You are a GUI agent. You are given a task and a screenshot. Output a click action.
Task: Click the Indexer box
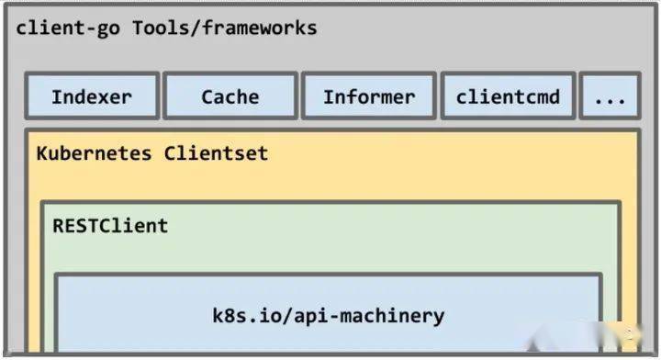tap(92, 96)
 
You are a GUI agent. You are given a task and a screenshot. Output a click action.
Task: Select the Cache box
tap(230, 96)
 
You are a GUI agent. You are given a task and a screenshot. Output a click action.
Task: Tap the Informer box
tap(368, 96)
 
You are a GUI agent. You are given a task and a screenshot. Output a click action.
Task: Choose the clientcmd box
tap(508, 96)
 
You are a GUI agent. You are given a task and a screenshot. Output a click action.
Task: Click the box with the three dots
tap(609, 97)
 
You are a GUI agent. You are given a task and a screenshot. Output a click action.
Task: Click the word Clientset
tap(217, 152)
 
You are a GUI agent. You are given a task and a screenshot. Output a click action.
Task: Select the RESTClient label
tap(110, 225)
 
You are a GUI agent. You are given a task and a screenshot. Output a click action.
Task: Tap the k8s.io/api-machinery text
tap(329, 316)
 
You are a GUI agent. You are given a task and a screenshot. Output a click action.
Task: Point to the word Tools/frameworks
tap(225, 28)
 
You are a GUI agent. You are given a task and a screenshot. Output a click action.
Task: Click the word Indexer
tap(92, 96)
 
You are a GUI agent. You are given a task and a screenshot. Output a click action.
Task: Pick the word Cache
tap(230, 96)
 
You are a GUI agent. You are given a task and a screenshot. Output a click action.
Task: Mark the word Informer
tap(368, 96)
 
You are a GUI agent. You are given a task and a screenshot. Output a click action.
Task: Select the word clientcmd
tap(508, 96)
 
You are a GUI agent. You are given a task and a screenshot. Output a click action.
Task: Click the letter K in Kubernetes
tap(42, 152)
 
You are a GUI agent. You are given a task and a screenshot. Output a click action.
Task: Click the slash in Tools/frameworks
tap(195, 28)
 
